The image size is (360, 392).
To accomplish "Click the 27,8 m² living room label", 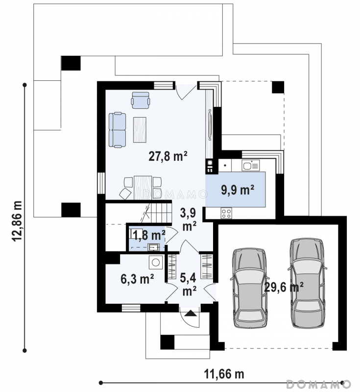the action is pos(168,156).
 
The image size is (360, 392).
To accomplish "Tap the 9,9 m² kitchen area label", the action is pos(238,190).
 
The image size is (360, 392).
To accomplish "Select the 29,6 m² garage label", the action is pos(284,287).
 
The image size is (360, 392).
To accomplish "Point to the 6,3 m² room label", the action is pos(137,279).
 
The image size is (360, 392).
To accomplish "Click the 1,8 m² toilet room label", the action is pos(149,235).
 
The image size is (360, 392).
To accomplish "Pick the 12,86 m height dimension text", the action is pos(17,221).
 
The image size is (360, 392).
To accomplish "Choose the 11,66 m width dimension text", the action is pos(224,374).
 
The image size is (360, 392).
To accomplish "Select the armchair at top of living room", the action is pos(141,100).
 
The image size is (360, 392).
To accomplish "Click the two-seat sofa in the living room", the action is pos(117,130).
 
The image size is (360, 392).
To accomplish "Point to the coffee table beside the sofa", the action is pos(140,130).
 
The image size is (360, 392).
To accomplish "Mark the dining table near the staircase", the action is pos(143,188).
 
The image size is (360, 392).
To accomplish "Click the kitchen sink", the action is pos(251,165).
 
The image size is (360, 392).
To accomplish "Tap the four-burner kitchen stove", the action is pos(226,213).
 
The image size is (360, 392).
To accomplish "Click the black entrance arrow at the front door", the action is pos(191,313).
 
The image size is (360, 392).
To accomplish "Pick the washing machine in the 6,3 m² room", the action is pos(156,263).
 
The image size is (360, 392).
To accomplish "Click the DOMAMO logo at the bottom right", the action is pos(318,384).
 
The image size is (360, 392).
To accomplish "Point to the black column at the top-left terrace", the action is pos(71,63).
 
